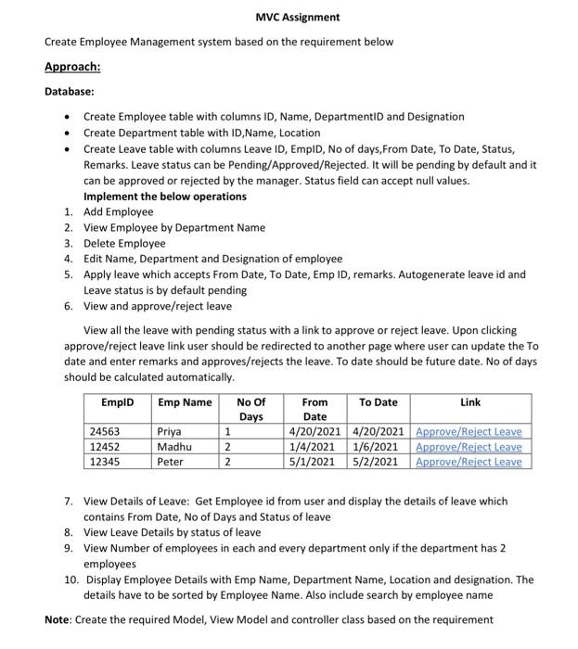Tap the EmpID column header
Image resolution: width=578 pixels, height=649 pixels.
pos(117,401)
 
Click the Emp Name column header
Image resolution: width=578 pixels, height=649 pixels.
pos(185,401)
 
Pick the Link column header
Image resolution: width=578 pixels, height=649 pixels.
pos(470,401)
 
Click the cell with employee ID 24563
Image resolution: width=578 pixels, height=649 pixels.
pos(105,431)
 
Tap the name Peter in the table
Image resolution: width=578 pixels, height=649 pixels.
pos(171,461)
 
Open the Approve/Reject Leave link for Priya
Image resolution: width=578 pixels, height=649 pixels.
pos(469,431)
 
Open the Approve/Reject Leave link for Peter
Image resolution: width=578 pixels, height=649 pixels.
pos(469,461)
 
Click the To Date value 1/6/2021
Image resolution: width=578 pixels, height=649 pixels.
pos(379,446)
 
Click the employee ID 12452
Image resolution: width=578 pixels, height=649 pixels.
pos(105,446)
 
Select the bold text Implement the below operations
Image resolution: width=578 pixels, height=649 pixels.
pos(165,196)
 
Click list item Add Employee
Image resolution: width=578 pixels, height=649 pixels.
pos(118,211)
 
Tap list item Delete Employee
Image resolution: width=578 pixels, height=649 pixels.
pos(124,243)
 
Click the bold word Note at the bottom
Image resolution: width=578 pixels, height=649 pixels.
pos(60,618)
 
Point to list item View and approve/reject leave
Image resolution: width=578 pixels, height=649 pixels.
pos(158,306)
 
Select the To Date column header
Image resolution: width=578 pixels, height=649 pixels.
pos(378,401)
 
